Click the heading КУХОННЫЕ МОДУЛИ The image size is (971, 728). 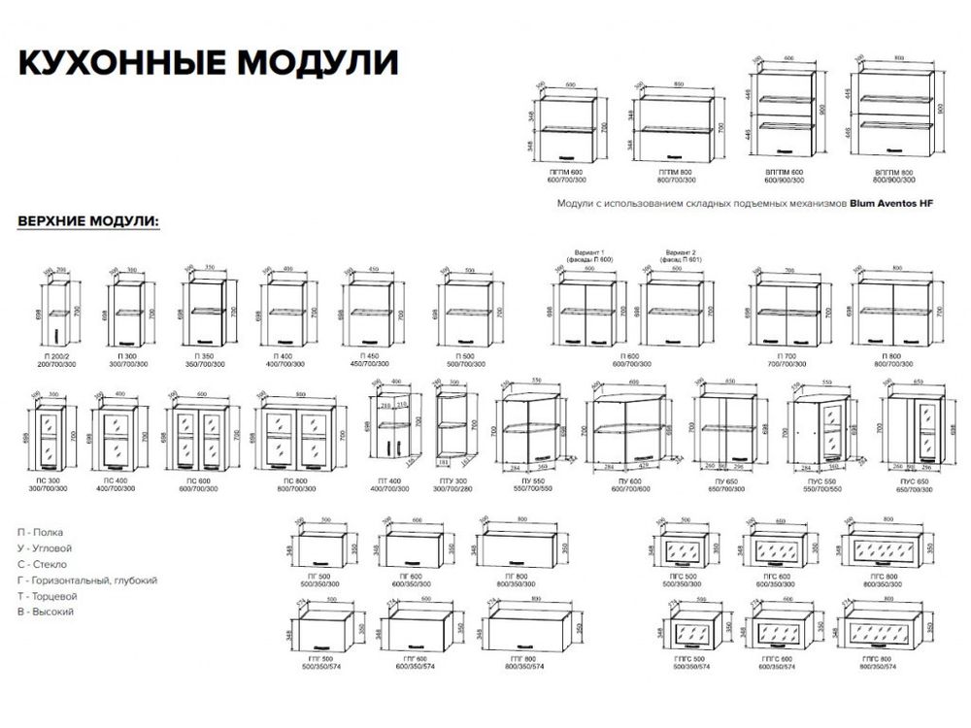[x=208, y=62]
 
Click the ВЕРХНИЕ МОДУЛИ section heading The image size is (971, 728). [x=88, y=221]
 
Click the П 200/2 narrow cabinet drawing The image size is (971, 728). [x=55, y=314]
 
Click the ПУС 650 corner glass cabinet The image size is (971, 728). [x=912, y=428]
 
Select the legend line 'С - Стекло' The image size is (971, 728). [x=42, y=564]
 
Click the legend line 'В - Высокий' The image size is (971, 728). [x=46, y=612]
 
